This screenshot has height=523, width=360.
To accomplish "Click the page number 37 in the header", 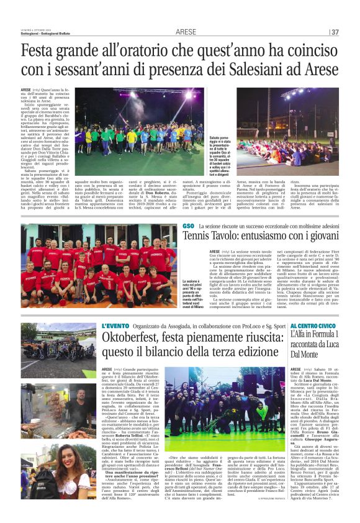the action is tap(336, 32).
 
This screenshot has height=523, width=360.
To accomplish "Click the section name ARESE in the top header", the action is tap(186, 32).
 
